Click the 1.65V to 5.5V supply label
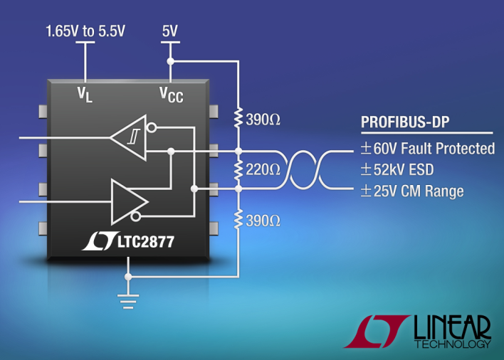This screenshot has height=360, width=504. (85, 31)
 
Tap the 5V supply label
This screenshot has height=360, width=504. (169, 31)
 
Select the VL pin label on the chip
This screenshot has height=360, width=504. (85, 95)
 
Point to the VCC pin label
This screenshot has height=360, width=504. (172, 95)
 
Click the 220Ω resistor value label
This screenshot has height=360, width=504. (263, 169)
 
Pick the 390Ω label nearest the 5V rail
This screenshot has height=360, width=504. (263, 120)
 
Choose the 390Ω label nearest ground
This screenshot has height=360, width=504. (263, 221)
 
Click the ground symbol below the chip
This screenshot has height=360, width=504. (128, 301)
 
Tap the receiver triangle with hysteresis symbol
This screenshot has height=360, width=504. (129, 138)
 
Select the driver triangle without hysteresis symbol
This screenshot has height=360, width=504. (130, 202)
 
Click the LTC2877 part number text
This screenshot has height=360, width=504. (146, 242)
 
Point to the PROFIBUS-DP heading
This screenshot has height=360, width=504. (405, 122)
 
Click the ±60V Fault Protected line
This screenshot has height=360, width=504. (428, 149)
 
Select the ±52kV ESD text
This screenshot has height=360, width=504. (397, 169)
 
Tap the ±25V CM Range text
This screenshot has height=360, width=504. (412, 191)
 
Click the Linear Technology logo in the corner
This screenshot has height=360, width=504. (418, 332)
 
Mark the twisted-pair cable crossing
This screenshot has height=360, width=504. (303, 169)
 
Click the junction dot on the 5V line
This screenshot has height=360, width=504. (170, 61)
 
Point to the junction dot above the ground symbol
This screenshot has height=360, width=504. (128, 277)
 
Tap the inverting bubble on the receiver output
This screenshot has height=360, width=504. (152, 128)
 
